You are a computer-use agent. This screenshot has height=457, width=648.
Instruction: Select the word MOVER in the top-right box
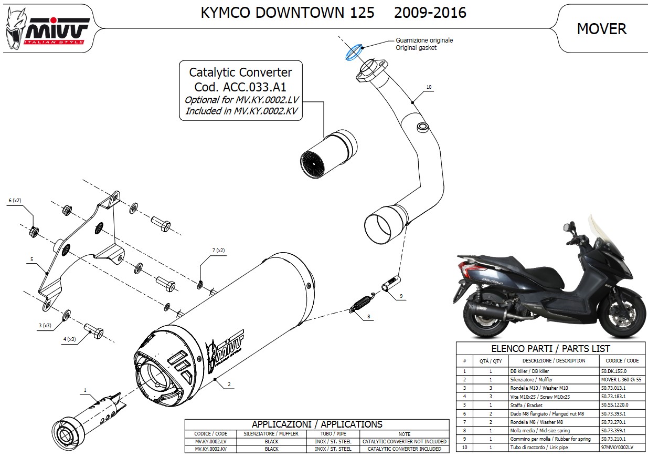[601, 29]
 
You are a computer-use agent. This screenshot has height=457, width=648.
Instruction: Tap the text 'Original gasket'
[416, 48]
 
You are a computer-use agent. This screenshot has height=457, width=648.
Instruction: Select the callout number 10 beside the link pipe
[429, 87]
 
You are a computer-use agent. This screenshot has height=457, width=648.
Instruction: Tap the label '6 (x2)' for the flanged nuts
[15, 201]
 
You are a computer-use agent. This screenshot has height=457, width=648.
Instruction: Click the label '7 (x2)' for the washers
[218, 250]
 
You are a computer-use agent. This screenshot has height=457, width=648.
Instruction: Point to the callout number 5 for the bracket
[31, 259]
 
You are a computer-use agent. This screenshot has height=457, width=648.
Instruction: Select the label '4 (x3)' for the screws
[69, 339]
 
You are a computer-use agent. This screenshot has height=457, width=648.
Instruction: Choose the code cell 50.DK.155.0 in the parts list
[614, 371]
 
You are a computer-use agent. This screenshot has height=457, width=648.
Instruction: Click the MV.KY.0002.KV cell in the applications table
[210, 449]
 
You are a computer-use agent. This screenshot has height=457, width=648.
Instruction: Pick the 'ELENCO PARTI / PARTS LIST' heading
[550, 348]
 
